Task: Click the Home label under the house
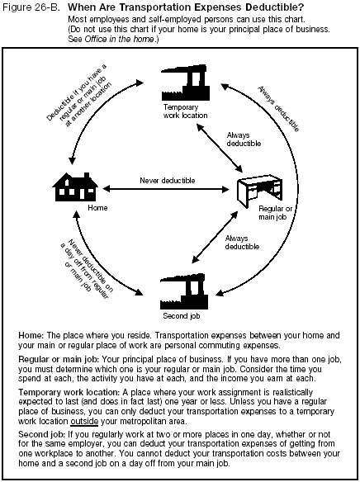pos(76,208)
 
